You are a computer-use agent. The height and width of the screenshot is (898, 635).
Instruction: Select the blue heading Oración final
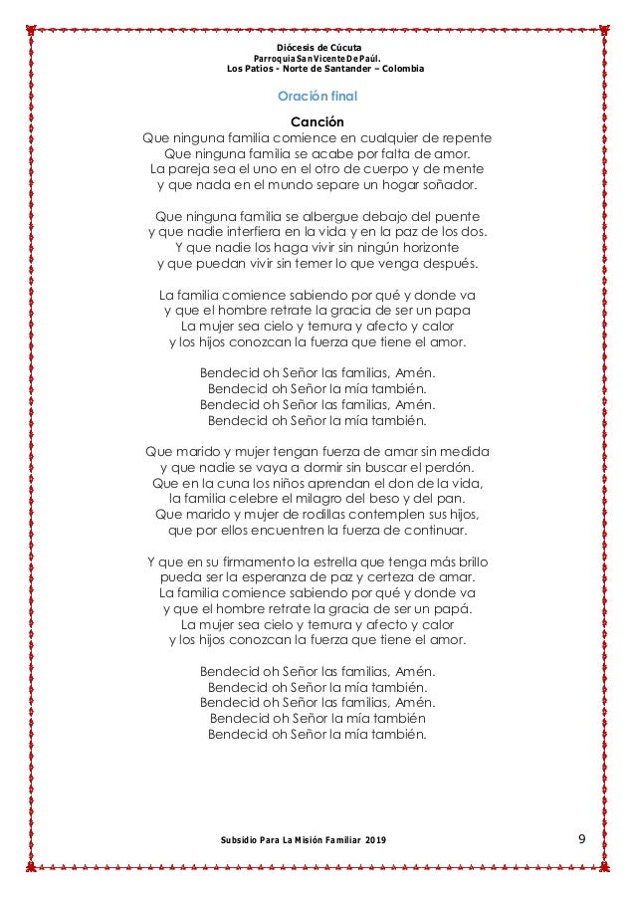click(x=317, y=98)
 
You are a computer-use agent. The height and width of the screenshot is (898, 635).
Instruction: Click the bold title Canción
click(x=317, y=121)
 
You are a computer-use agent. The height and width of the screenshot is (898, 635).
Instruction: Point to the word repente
click(x=466, y=137)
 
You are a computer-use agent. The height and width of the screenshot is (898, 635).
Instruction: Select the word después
click(x=444, y=264)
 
